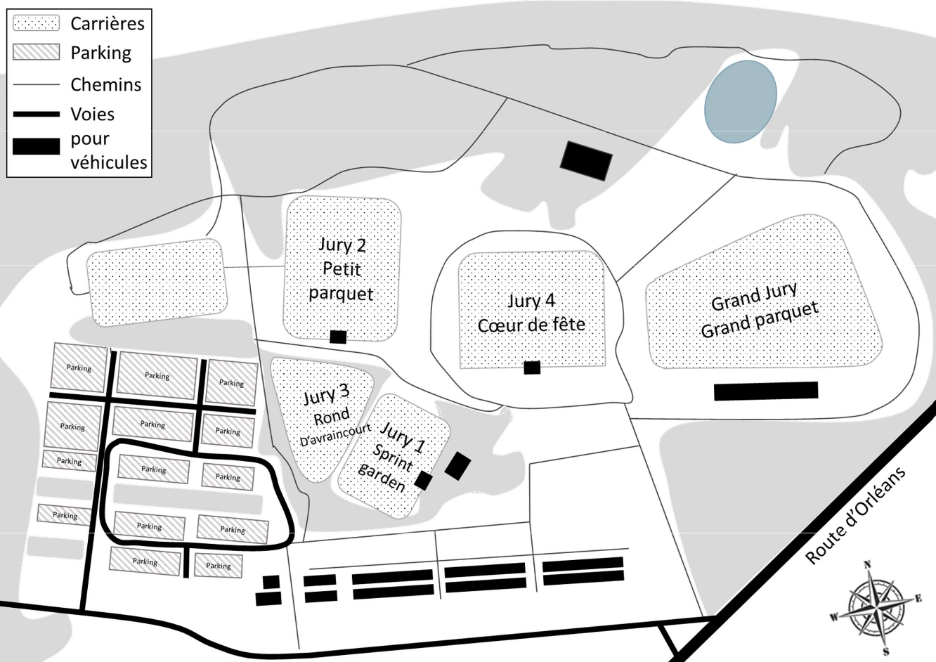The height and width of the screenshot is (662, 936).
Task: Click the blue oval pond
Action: click(x=741, y=101)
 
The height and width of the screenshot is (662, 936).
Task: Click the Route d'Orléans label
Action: click(x=855, y=515)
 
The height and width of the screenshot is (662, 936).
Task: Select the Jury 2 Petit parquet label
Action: click(x=342, y=268)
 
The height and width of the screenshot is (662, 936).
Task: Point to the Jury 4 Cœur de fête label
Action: click(x=531, y=313)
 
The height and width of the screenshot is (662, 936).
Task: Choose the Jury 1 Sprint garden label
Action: click(x=396, y=457)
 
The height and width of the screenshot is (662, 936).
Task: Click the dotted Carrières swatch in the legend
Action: click(x=37, y=23)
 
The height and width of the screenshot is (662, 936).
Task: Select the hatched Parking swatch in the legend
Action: click(x=37, y=53)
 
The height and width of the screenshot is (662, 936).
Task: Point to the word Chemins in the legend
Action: click(x=105, y=84)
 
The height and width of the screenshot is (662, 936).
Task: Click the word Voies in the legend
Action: click(x=92, y=114)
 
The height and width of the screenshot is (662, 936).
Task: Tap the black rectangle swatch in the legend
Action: click(x=37, y=146)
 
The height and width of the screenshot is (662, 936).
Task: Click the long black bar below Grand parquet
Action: click(x=765, y=391)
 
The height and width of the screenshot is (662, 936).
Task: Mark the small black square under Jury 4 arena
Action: click(x=532, y=367)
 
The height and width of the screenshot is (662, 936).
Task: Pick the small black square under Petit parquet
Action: click(x=338, y=337)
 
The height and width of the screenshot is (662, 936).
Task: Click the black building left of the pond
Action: click(x=586, y=161)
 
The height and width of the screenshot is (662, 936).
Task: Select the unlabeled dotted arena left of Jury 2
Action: click(x=157, y=282)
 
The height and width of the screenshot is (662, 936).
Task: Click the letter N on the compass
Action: click(x=867, y=564)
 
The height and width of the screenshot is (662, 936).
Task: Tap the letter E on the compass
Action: click(x=918, y=599)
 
